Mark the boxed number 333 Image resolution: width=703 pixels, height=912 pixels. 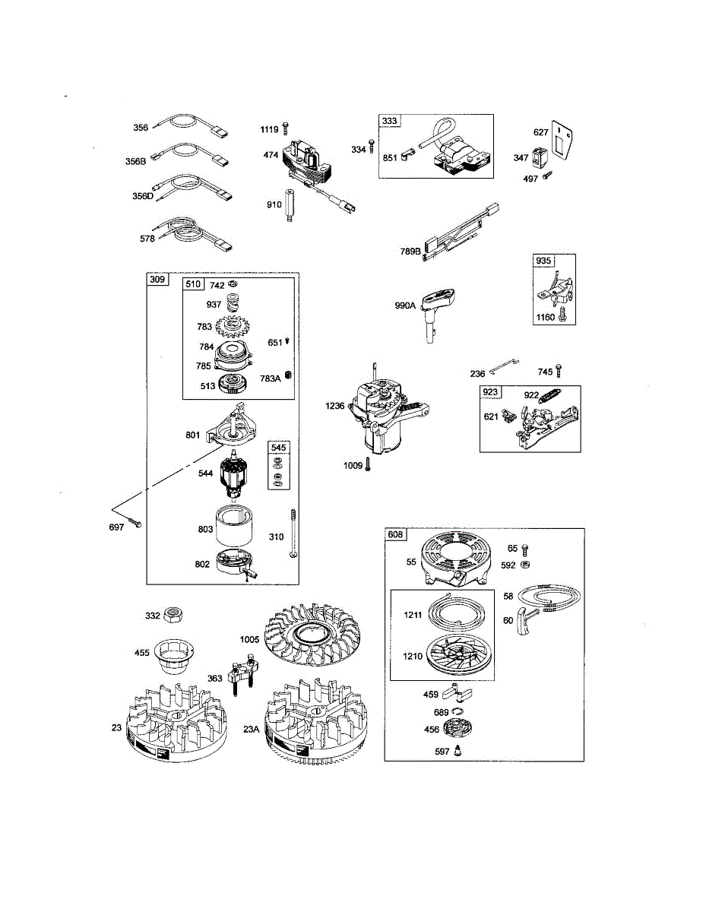coord(389,121)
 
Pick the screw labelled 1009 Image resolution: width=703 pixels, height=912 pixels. coord(368,464)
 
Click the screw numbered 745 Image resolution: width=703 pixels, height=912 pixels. coord(558,370)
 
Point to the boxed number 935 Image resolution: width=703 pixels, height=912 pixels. coord(543,261)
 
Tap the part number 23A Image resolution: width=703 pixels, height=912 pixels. coord(252,729)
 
